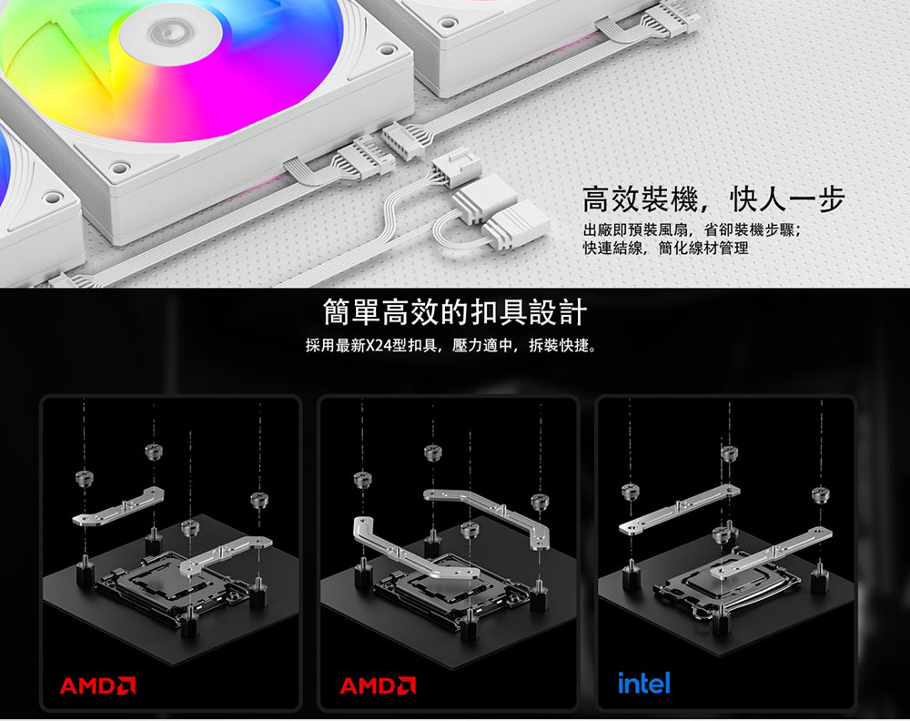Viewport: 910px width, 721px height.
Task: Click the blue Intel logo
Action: (x=643, y=683)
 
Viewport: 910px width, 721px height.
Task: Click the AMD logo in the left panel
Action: (x=97, y=685)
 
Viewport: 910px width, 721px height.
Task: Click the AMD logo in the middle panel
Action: (x=378, y=685)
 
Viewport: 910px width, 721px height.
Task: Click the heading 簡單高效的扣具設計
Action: (x=455, y=313)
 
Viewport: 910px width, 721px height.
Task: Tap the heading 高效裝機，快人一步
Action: (x=713, y=199)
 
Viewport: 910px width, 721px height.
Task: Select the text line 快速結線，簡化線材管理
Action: (x=666, y=249)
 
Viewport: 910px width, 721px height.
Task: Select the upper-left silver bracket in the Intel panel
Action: (x=679, y=510)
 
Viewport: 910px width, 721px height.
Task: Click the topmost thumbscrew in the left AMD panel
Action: (x=154, y=451)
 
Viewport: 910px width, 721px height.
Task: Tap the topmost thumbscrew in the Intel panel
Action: (x=729, y=452)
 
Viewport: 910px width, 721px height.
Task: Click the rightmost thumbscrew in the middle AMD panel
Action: (x=539, y=502)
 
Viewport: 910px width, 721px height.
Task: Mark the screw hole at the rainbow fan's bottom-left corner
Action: (x=119, y=168)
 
